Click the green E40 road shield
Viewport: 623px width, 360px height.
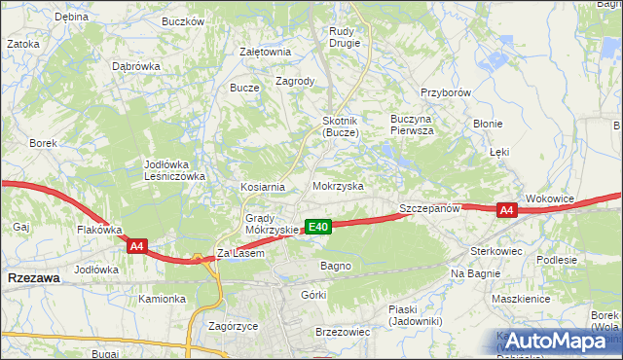coord(318,227)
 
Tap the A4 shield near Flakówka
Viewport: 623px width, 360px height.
coord(136,247)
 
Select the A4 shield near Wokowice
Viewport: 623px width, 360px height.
coord(505,210)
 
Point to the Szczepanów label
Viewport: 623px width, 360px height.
coord(428,209)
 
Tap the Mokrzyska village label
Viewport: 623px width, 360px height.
coord(338,185)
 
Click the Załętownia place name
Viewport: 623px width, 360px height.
coord(266,53)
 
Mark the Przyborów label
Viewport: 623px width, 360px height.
coord(446,92)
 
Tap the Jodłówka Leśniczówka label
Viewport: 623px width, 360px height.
coord(173,170)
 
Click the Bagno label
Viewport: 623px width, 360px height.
coord(336,266)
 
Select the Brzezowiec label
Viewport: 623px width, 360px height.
coord(343,332)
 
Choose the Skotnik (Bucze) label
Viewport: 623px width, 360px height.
coord(341,126)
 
